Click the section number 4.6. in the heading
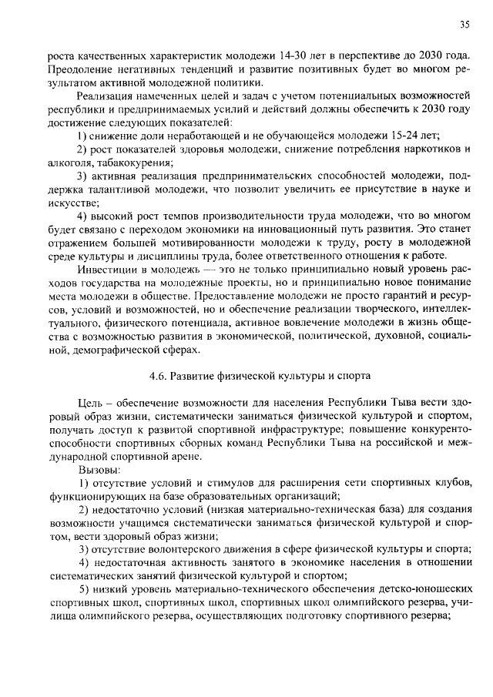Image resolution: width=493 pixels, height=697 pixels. click(157, 376)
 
